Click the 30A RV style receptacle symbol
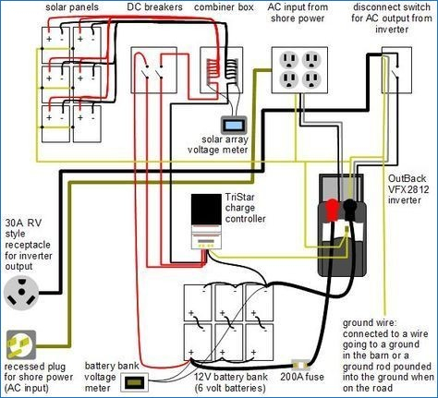pos(21,292)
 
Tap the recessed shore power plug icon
pos(21,344)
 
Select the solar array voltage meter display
pos(234,126)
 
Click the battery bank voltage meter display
pos(134,382)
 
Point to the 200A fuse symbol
pos(301,365)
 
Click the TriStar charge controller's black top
pos(206,209)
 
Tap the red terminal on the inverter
pos(333,210)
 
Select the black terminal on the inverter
pos(350,210)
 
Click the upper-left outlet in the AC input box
pos(288,60)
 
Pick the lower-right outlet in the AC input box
pos(311,79)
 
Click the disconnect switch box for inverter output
pos(396,70)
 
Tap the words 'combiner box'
pos(224,7)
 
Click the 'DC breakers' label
pos(154,6)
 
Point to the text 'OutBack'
pos(407,178)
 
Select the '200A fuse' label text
pos(302,377)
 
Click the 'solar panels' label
pos(72,7)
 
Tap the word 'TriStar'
pos(240,197)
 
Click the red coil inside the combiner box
pos(213,73)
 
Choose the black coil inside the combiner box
pos(231,71)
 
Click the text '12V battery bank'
pos(231,377)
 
